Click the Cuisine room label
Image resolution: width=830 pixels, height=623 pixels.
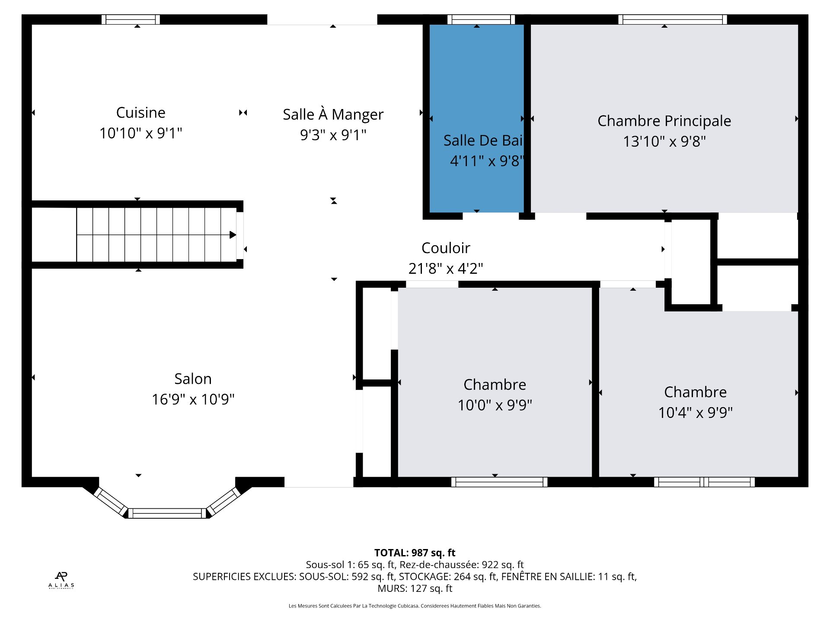pos(140,112)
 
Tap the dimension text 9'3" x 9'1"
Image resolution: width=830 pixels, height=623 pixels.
pos(333,135)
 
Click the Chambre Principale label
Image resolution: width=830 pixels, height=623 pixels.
pos(664,121)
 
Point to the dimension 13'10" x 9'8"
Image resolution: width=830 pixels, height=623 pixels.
pos(664,141)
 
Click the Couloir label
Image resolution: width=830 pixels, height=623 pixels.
pos(446,248)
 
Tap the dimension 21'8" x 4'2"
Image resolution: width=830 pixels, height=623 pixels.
pos(446,269)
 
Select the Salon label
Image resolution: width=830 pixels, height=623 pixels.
pos(193,379)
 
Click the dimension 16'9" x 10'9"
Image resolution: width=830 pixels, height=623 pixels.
pos(193,399)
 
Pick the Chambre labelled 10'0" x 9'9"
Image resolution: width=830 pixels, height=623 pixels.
pos(495,385)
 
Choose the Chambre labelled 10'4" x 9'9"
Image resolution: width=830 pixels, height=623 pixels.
pos(695,392)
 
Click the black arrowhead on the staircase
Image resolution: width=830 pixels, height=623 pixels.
pos(233,235)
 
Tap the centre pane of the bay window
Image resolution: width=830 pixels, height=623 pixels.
pos(167,514)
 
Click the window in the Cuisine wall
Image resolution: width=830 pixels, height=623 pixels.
pos(131,19)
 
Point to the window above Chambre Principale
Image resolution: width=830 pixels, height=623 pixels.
pos(672,19)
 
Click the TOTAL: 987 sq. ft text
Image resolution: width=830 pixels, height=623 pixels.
pos(415,552)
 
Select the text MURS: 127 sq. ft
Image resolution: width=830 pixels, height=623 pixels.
pos(415,588)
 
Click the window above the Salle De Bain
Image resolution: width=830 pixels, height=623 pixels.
pos(481,19)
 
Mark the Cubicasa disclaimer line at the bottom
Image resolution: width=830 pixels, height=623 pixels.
pos(415,606)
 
